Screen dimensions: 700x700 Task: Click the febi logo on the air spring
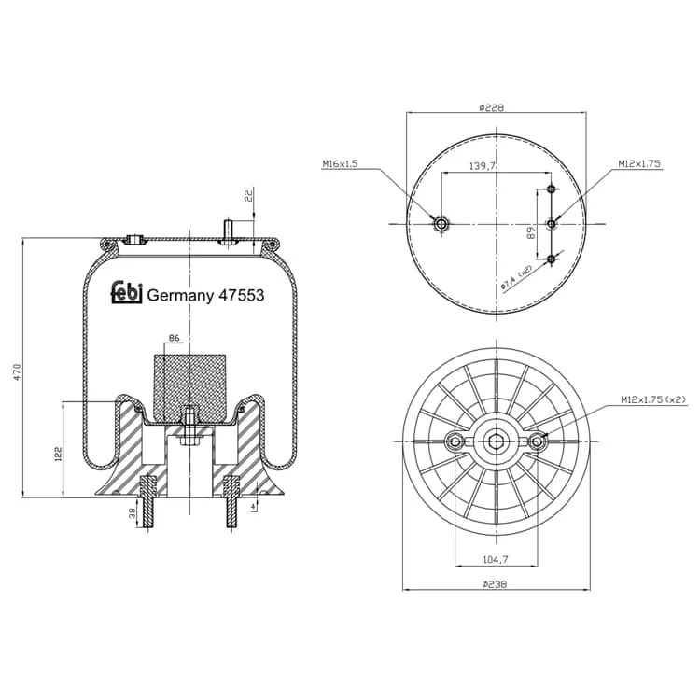(x=126, y=293)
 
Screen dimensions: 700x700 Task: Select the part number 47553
(x=241, y=296)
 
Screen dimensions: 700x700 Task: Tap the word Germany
(x=180, y=297)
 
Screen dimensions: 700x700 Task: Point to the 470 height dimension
(x=18, y=371)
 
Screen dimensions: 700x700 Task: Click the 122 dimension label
(x=58, y=454)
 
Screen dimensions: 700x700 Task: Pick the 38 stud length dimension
(x=133, y=513)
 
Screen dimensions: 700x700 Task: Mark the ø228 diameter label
(x=492, y=107)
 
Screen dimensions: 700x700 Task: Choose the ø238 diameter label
(x=495, y=584)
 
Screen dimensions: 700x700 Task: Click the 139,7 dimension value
(x=483, y=166)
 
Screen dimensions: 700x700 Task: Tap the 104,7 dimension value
(x=496, y=559)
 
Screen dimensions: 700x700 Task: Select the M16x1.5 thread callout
(x=340, y=164)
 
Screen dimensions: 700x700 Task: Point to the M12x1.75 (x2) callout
(x=653, y=400)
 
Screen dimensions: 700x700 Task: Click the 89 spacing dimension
(x=531, y=232)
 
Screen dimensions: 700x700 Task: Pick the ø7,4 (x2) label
(x=516, y=278)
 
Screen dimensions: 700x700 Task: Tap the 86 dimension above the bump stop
(x=175, y=338)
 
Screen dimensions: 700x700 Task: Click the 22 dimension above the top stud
(x=248, y=196)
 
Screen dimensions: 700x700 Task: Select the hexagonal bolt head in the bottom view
(x=496, y=442)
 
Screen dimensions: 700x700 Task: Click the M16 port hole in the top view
(x=442, y=224)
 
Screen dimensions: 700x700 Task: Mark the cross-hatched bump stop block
(x=189, y=387)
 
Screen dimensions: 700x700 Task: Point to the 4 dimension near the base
(x=253, y=506)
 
